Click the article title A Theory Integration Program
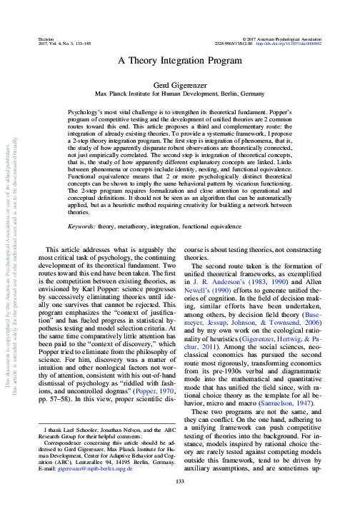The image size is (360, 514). [179, 61]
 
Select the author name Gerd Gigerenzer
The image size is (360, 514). [179, 84]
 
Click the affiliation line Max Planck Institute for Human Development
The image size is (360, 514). [179, 93]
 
